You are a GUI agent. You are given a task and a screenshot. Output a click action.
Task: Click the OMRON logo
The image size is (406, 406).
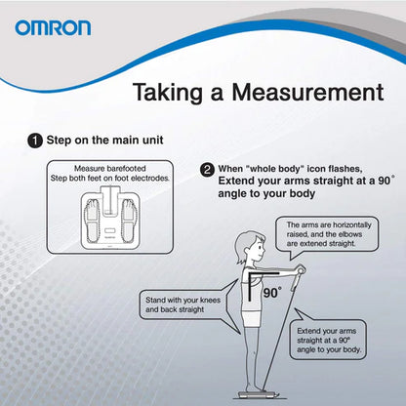(x=53, y=27)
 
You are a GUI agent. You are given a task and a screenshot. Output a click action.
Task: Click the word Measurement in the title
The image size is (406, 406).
(x=307, y=92)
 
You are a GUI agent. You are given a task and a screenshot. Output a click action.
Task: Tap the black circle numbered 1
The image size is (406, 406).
(x=35, y=142)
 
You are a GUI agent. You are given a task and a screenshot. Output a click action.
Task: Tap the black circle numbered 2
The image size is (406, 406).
(x=207, y=170)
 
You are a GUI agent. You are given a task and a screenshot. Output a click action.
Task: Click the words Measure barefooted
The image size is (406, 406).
(x=110, y=169)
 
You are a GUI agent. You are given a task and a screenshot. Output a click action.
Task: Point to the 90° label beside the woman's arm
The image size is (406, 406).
(x=272, y=293)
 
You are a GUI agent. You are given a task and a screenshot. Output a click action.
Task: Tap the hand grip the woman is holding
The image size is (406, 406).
(x=299, y=275)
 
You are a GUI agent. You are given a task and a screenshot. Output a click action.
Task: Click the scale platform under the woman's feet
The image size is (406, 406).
(x=257, y=394)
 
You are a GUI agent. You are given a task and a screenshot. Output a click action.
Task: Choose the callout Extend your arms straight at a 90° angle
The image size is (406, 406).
(x=328, y=340)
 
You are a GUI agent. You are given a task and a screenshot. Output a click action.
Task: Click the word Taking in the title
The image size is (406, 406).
(x=169, y=94)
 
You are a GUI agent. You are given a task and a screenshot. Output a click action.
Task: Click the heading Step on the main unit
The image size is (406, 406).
(x=104, y=141)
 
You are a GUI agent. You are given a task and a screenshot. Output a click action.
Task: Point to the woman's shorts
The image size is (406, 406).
(x=251, y=318)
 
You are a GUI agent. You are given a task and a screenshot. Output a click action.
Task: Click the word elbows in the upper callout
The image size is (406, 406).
(x=350, y=234)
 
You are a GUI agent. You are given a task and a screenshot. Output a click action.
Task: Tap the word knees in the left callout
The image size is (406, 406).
(x=209, y=301)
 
